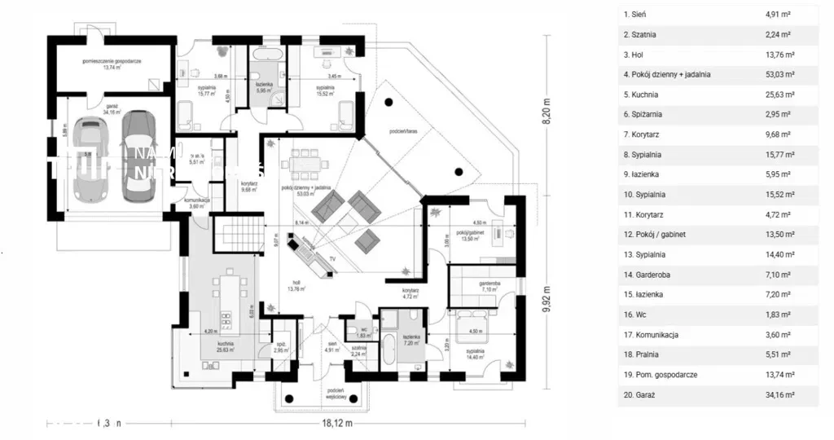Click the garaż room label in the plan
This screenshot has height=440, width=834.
pyautogui.click(x=110, y=106)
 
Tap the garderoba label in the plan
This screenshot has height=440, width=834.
pyautogui.click(x=489, y=284)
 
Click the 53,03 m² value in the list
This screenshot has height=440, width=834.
pyautogui.click(x=780, y=74)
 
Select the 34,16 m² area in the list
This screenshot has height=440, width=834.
pyautogui.click(x=780, y=394)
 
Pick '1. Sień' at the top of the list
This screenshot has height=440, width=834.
pyautogui.click(x=636, y=15)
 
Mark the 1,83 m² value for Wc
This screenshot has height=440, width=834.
pyautogui.click(x=779, y=315)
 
